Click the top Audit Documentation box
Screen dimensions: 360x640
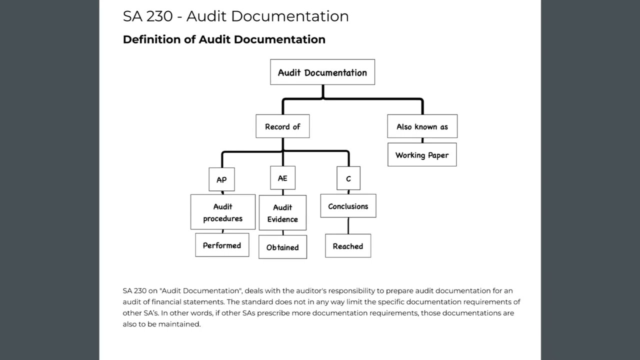(x=322, y=72)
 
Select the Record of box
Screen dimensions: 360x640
(x=282, y=126)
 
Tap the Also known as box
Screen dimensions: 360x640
(x=422, y=126)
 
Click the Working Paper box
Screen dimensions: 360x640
(x=422, y=155)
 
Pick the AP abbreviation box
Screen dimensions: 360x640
(x=221, y=179)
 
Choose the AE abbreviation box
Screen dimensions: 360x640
(x=282, y=178)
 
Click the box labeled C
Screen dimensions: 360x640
(x=348, y=179)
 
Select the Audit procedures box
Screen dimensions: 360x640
(x=222, y=212)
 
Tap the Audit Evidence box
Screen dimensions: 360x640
(x=282, y=213)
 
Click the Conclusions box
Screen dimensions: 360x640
(x=348, y=206)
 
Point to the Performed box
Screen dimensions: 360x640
(x=222, y=245)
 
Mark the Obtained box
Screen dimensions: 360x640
(x=282, y=247)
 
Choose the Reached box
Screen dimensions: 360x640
(x=348, y=246)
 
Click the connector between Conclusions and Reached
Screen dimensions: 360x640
(x=348, y=226)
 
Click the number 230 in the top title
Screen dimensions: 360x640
(x=159, y=16)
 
